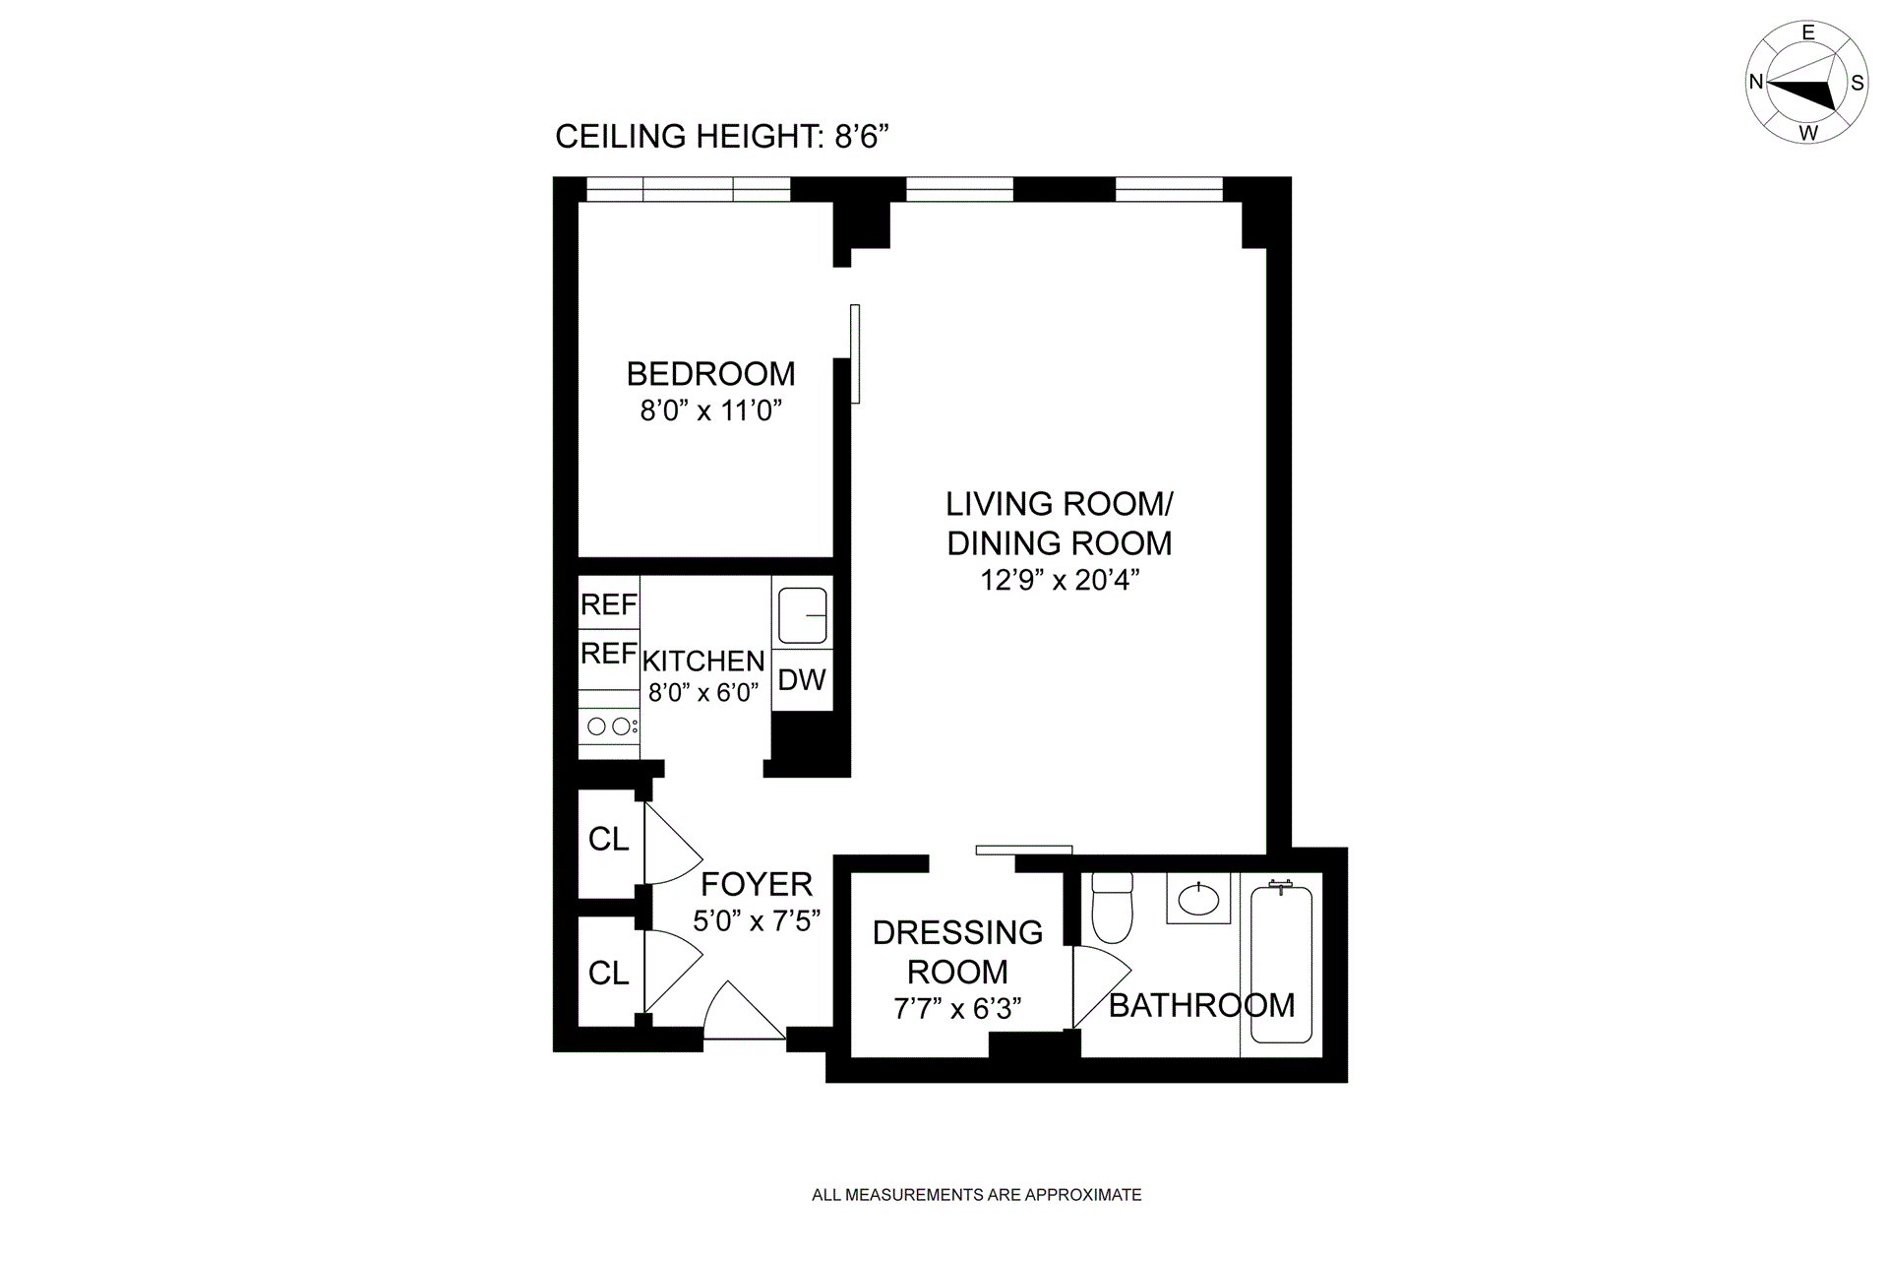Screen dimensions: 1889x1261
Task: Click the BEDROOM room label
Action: pyautogui.click(x=710, y=374)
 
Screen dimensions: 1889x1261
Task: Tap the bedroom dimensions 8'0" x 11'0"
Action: pyautogui.click(x=710, y=410)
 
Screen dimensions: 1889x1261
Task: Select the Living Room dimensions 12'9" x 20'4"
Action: pyautogui.click(x=1060, y=580)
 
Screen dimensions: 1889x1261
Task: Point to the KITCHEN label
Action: pyautogui.click(x=703, y=661)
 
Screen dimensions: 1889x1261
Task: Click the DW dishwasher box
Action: pyautogui.click(x=802, y=679)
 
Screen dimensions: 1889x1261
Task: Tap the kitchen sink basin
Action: pyautogui.click(x=803, y=615)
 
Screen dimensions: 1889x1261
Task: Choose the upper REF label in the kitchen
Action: pyautogui.click(x=609, y=604)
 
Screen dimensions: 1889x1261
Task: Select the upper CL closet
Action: pyautogui.click(x=609, y=840)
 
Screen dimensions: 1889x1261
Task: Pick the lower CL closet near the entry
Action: pyautogui.click(x=609, y=973)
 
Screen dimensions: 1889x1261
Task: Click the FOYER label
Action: pyautogui.click(x=757, y=884)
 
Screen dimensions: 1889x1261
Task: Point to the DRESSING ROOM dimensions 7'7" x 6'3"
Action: pyautogui.click(x=957, y=1009)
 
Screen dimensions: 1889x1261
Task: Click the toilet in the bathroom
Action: pyautogui.click(x=1112, y=907)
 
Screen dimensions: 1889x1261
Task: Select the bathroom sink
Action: pyautogui.click(x=1198, y=898)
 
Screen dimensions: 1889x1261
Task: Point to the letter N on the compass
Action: pyautogui.click(x=1756, y=82)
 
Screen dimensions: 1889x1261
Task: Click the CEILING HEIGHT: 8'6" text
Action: pyautogui.click(x=722, y=136)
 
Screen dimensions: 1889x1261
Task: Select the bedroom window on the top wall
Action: pyautogui.click(x=688, y=189)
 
